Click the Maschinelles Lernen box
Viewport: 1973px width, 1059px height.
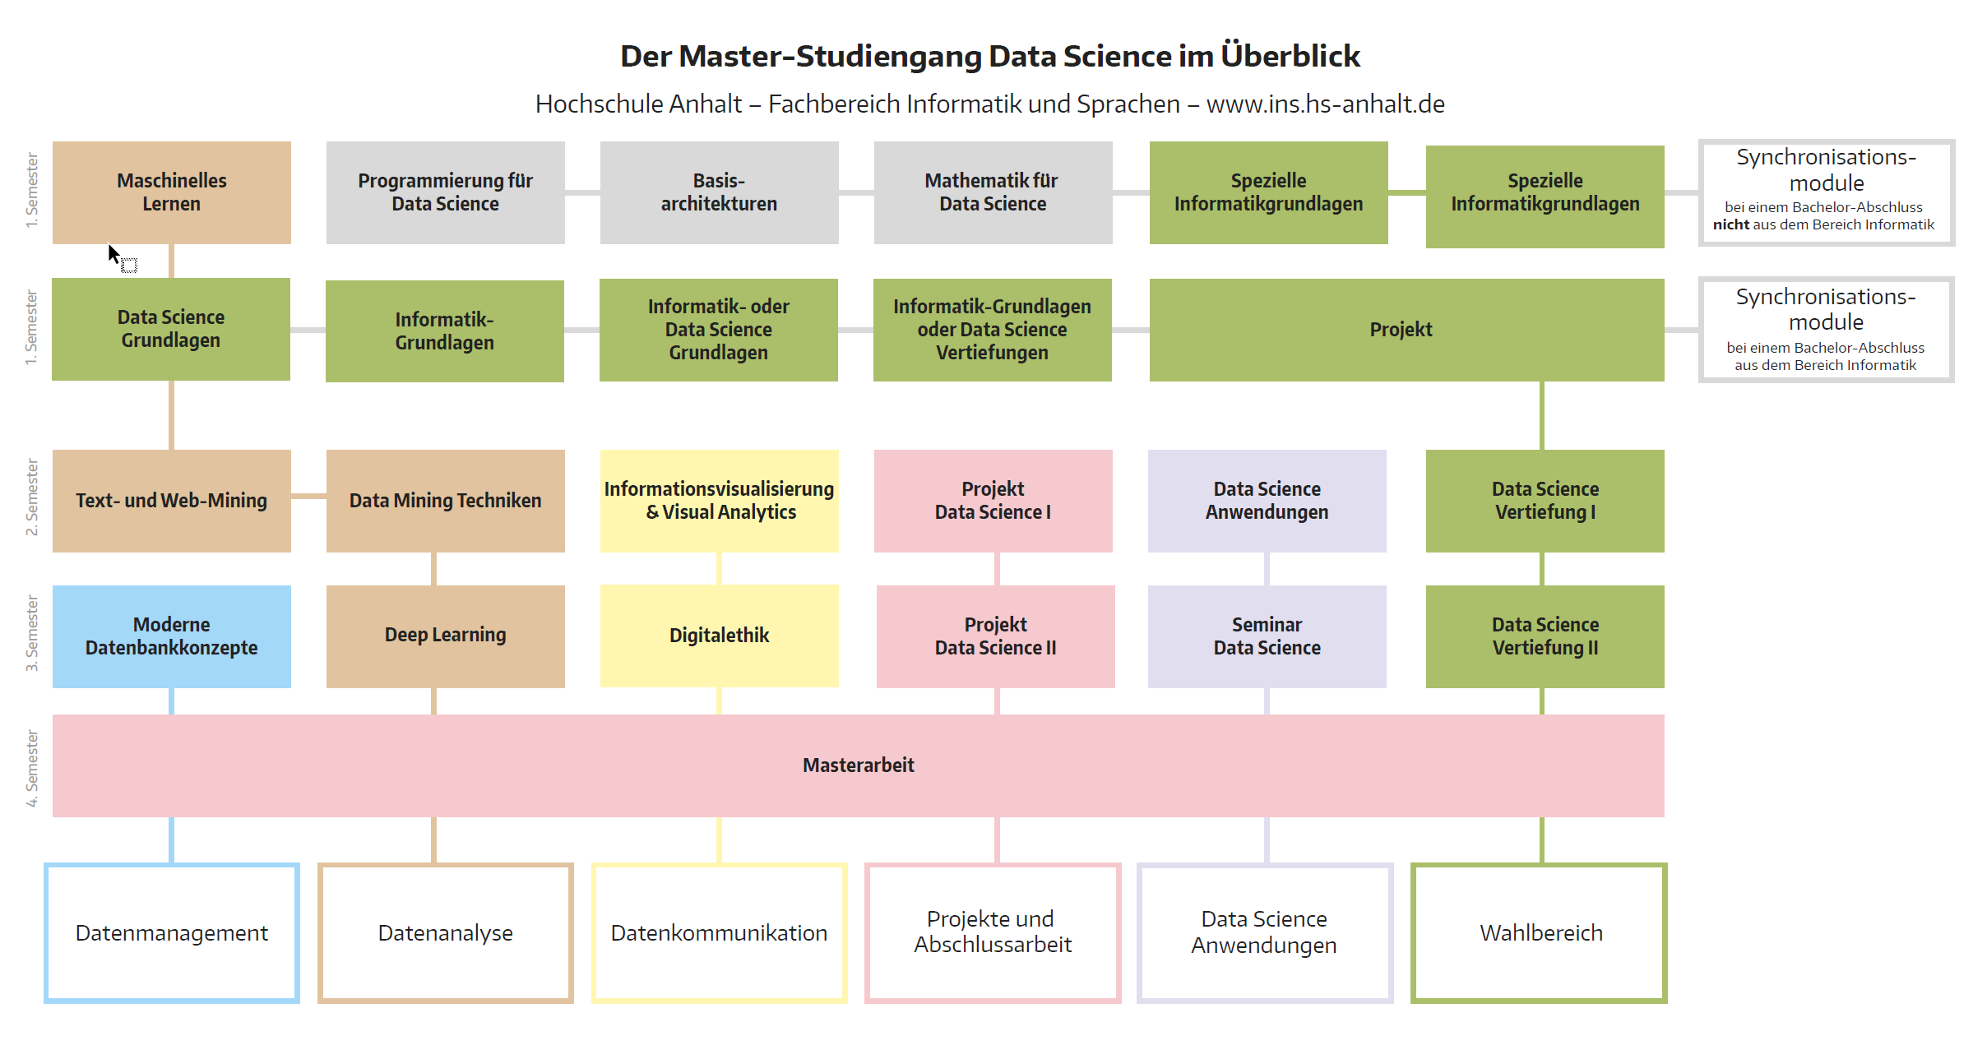pos(172,192)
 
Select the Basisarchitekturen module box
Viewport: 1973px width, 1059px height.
pos(720,192)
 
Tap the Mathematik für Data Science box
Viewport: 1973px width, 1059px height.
pos(993,192)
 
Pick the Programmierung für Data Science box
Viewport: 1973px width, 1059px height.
pos(446,192)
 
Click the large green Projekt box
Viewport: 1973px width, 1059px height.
pos(1407,330)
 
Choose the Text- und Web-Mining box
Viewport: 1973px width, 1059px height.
pos(172,501)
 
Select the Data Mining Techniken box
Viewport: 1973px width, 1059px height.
pos(446,501)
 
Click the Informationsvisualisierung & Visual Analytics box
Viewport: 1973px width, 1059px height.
pos(720,501)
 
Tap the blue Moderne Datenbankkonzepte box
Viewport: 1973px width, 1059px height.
pos(172,636)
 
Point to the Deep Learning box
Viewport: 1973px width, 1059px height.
pos(446,636)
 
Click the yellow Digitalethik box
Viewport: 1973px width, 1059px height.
pos(720,636)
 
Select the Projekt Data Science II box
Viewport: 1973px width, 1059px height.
pos(996,636)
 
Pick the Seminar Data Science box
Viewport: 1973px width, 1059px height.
pos(1267,636)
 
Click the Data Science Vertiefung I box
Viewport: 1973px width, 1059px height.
pos(1545,501)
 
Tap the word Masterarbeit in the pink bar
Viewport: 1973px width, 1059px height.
pos(859,765)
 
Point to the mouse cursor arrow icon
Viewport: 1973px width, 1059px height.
pos(114,254)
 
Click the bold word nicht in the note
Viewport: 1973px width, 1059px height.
pos(1731,224)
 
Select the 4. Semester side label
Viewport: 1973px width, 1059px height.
pos(32,768)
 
